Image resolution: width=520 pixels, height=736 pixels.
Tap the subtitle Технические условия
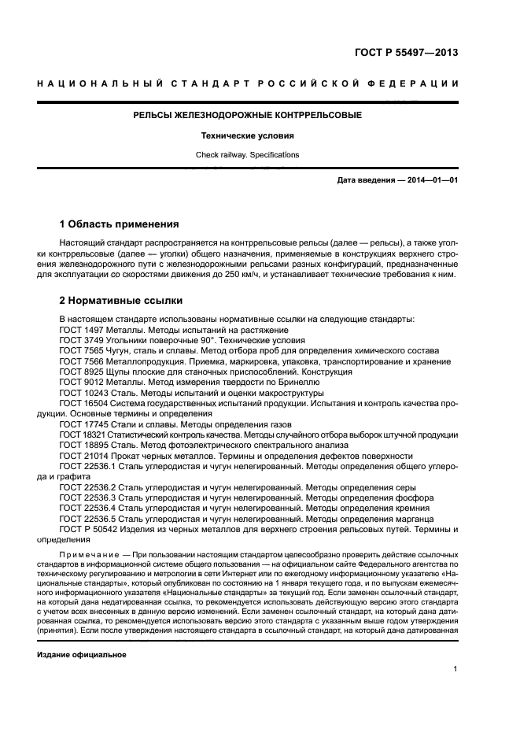[x=247, y=135]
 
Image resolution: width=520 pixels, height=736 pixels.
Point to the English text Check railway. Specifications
[x=247, y=155]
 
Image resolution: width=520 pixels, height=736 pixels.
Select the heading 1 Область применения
[x=119, y=224]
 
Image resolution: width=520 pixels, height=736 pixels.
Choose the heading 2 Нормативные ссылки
[x=121, y=300]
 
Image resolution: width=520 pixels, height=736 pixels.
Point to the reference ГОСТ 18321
[x=84, y=435]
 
